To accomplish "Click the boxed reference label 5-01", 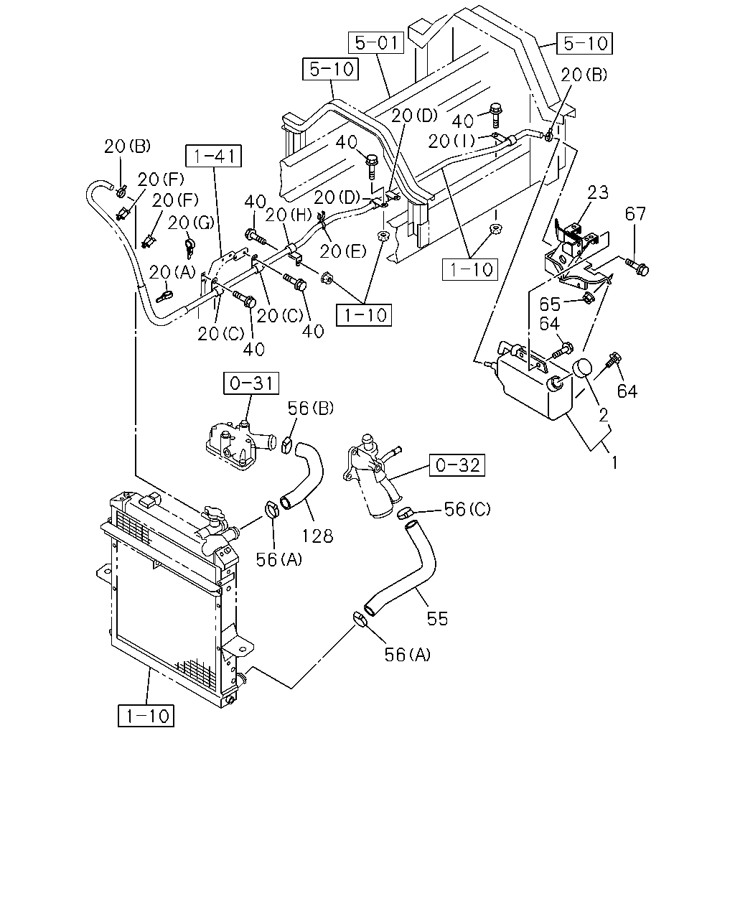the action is pyautogui.click(x=376, y=42).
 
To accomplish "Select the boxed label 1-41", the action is pyautogui.click(x=214, y=156).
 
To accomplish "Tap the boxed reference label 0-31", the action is pyautogui.click(x=251, y=383).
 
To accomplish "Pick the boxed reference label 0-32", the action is pyautogui.click(x=457, y=465).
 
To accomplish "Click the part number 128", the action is pyautogui.click(x=318, y=536).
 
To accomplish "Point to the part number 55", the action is pyautogui.click(x=437, y=619).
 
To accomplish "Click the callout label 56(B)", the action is pyautogui.click(x=311, y=409).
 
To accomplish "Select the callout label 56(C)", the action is pyautogui.click(x=468, y=509).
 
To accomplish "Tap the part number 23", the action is pyautogui.click(x=597, y=192).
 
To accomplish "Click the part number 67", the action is pyautogui.click(x=635, y=213).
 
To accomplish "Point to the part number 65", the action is pyautogui.click(x=550, y=304).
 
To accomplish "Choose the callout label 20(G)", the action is pyautogui.click(x=191, y=223).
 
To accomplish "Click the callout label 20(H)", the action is pyautogui.click(x=289, y=215).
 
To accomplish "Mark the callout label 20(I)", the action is pyautogui.click(x=452, y=141).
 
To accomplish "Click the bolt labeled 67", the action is pyautogui.click(x=637, y=266).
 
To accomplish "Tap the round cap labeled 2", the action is pyautogui.click(x=581, y=368).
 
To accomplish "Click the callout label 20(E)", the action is pyautogui.click(x=343, y=251).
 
